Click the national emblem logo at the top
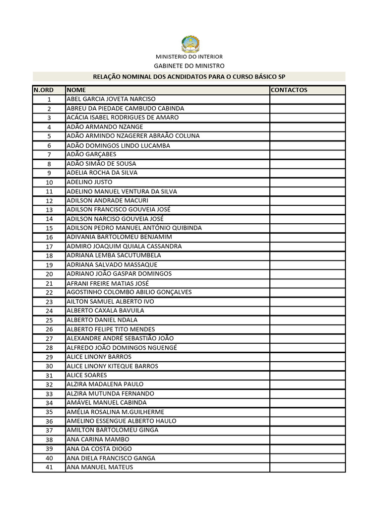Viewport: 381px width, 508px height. click(190, 44)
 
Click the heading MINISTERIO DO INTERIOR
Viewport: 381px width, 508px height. click(190, 57)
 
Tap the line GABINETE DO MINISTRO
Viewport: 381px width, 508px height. click(189, 65)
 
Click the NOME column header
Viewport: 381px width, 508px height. click(76, 90)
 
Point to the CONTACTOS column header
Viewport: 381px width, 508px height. click(289, 90)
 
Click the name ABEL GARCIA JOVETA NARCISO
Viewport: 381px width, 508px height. click(111, 99)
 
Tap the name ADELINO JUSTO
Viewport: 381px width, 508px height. click(90, 182)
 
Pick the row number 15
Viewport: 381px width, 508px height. click(49, 228)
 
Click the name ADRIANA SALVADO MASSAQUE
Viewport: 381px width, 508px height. click(112, 265)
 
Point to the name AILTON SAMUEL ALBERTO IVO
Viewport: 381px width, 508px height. click(110, 302)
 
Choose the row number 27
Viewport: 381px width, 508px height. click(49, 338)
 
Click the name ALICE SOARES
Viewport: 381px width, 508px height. click(87, 375)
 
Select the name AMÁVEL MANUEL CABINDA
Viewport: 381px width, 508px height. click(107, 403)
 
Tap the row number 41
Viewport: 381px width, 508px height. click(49, 467)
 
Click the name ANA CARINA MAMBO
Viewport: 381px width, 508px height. click(98, 440)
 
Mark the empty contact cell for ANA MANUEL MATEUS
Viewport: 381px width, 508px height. click(307, 467)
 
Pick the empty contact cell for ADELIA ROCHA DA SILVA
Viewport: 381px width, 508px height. click(307, 173)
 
